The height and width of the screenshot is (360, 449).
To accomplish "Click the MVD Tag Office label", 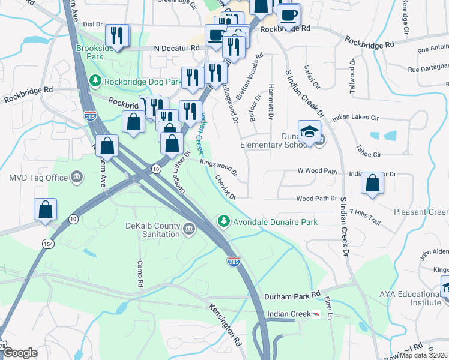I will [38, 178].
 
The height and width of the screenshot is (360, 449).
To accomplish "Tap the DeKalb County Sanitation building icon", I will [188, 228].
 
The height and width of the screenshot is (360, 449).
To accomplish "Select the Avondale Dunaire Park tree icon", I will [224, 221].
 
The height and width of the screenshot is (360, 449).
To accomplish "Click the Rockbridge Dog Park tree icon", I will [95, 81].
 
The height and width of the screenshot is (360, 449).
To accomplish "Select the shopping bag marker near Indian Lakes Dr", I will [373, 184].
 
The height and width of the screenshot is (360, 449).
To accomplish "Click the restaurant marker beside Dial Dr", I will [117, 35].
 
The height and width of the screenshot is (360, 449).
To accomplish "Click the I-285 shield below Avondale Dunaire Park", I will [234, 261].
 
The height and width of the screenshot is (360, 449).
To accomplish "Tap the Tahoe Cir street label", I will [369, 154].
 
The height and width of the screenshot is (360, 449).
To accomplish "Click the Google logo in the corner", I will [20, 353].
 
